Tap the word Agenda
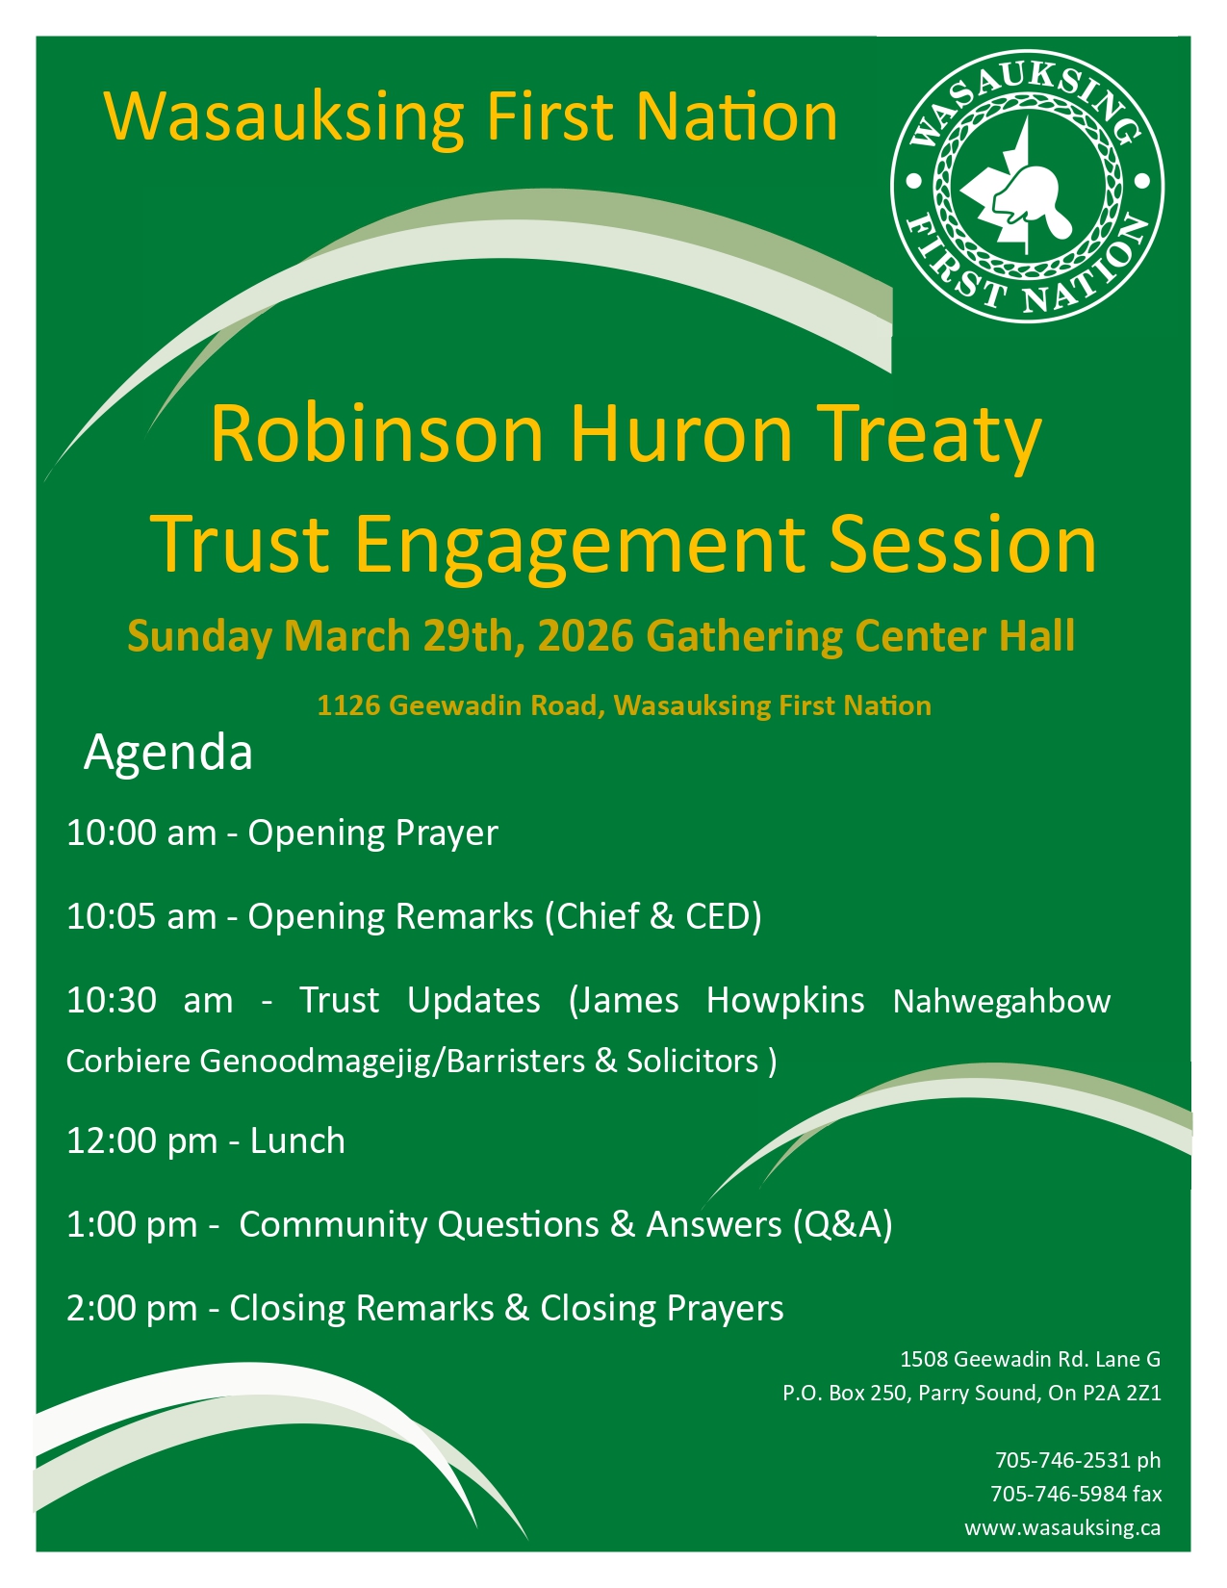click(168, 754)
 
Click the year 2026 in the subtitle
click(585, 635)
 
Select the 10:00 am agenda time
click(141, 832)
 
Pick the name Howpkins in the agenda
click(785, 1000)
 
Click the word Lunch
click(297, 1140)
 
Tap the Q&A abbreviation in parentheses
click(843, 1224)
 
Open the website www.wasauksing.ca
click(1062, 1528)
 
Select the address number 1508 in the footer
click(924, 1359)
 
